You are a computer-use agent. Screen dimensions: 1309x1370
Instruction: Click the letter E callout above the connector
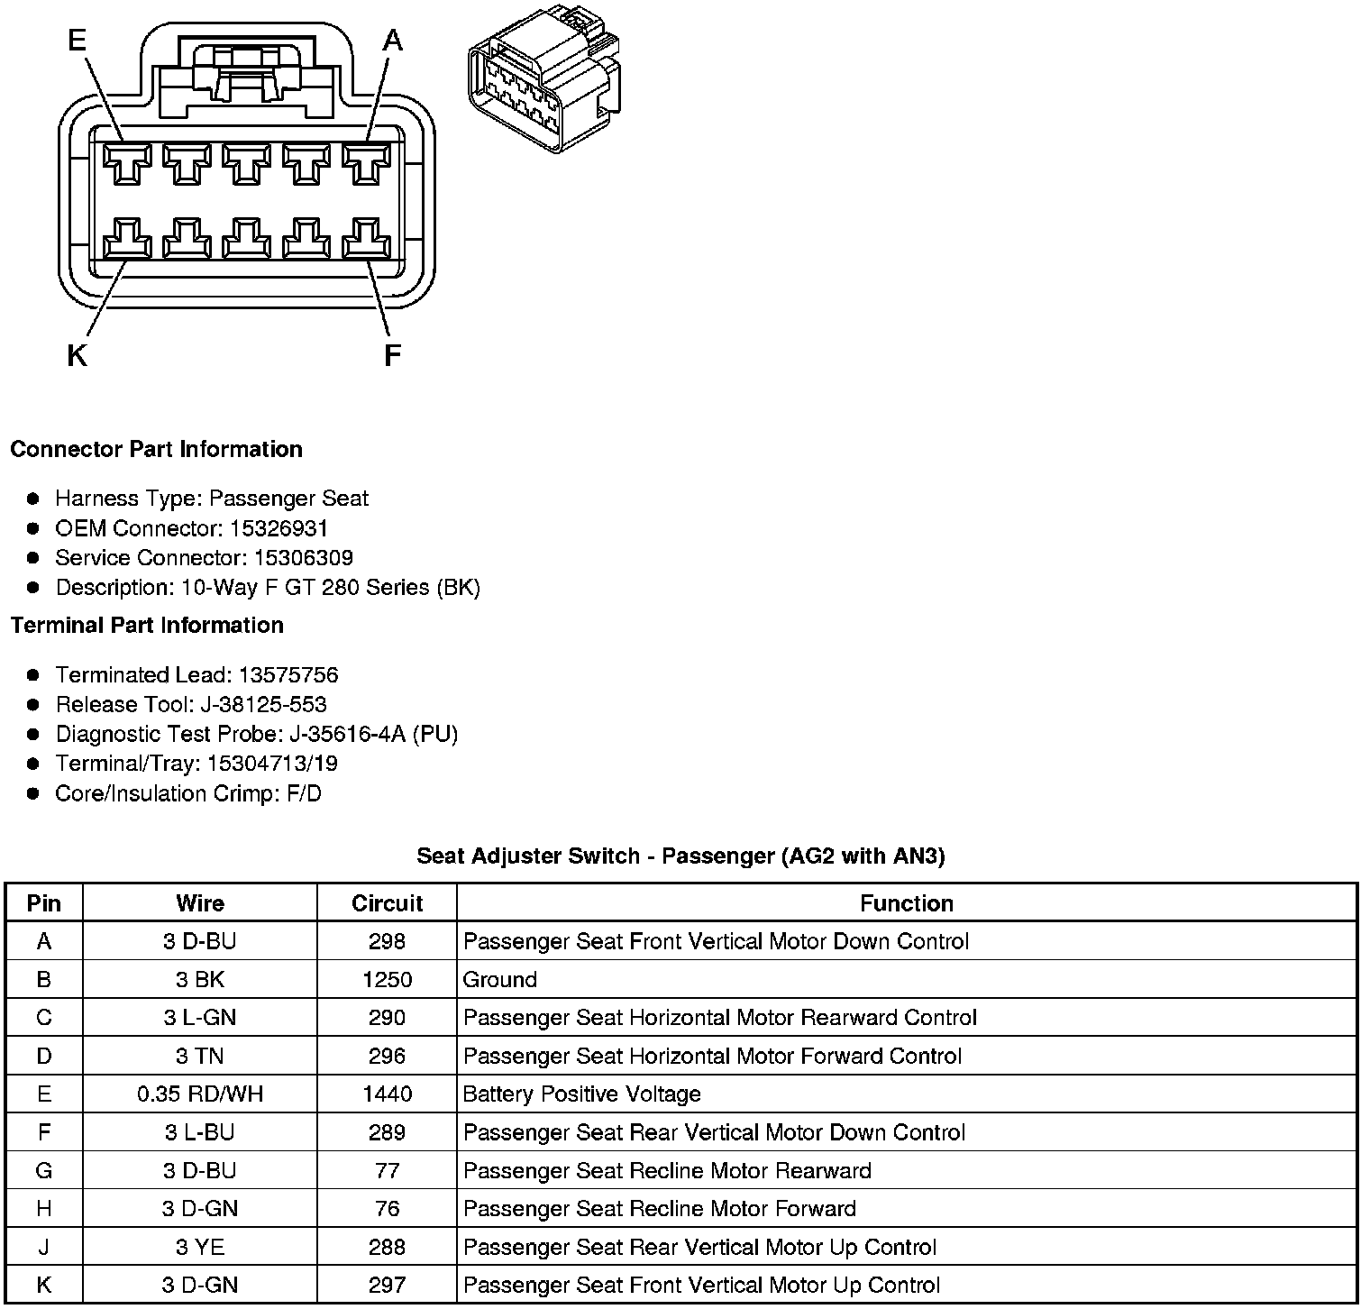tap(78, 40)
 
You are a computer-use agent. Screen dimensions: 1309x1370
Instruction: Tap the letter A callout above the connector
tap(392, 40)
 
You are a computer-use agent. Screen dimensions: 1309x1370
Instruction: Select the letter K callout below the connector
tap(77, 356)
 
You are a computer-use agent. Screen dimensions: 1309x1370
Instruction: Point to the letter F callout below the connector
tap(391, 356)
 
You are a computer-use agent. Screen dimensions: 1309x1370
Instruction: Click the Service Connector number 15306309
tap(303, 558)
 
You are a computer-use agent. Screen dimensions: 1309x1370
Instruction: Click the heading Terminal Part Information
tap(147, 625)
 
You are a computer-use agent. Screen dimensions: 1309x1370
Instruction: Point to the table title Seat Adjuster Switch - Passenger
tap(680, 856)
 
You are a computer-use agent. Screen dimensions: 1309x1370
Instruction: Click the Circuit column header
tap(387, 903)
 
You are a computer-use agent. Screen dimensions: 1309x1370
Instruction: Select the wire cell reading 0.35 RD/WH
tap(200, 1094)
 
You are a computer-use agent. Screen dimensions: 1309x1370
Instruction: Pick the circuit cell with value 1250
tap(387, 980)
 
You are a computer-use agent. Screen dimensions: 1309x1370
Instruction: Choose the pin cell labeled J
tap(44, 1247)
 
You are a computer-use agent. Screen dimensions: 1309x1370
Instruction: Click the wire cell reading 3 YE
tap(200, 1247)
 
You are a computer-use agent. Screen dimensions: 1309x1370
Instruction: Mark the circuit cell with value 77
tap(387, 1171)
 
